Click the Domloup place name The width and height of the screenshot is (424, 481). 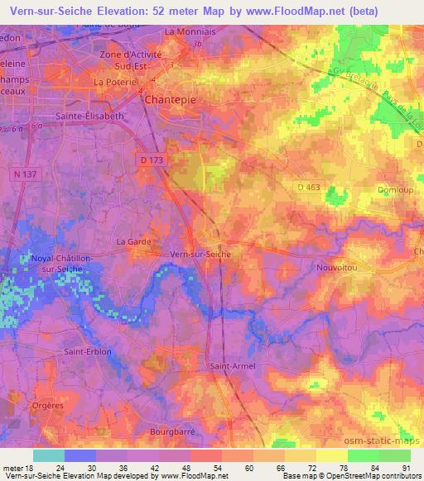[x=393, y=189]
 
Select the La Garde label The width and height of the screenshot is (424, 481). [x=132, y=241]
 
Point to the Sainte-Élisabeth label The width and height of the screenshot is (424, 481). [x=89, y=117]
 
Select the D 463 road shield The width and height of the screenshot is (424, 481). [x=308, y=188]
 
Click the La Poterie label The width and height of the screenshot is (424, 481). [x=113, y=82]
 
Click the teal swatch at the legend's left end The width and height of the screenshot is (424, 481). [x=48, y=455]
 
